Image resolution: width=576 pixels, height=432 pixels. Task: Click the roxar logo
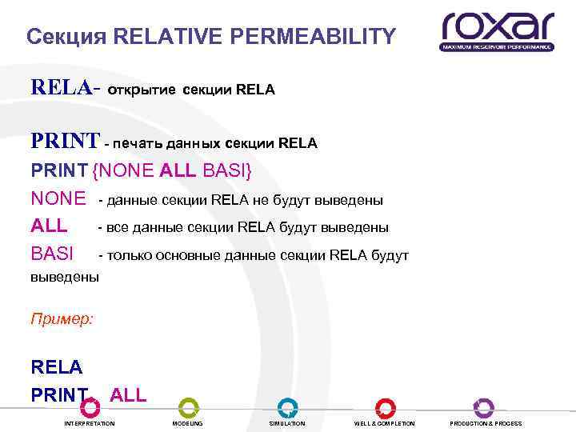(x=497, y=31)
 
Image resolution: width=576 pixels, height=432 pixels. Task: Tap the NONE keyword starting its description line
(x=58, y=198)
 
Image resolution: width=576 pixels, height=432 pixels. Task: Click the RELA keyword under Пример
(x=56, y=367)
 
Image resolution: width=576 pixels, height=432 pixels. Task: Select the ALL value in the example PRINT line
(x=128, y=394)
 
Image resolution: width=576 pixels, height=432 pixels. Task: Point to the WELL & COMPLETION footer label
(x=385, y=423)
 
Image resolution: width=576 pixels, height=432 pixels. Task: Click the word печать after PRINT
(x=136, y=144)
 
